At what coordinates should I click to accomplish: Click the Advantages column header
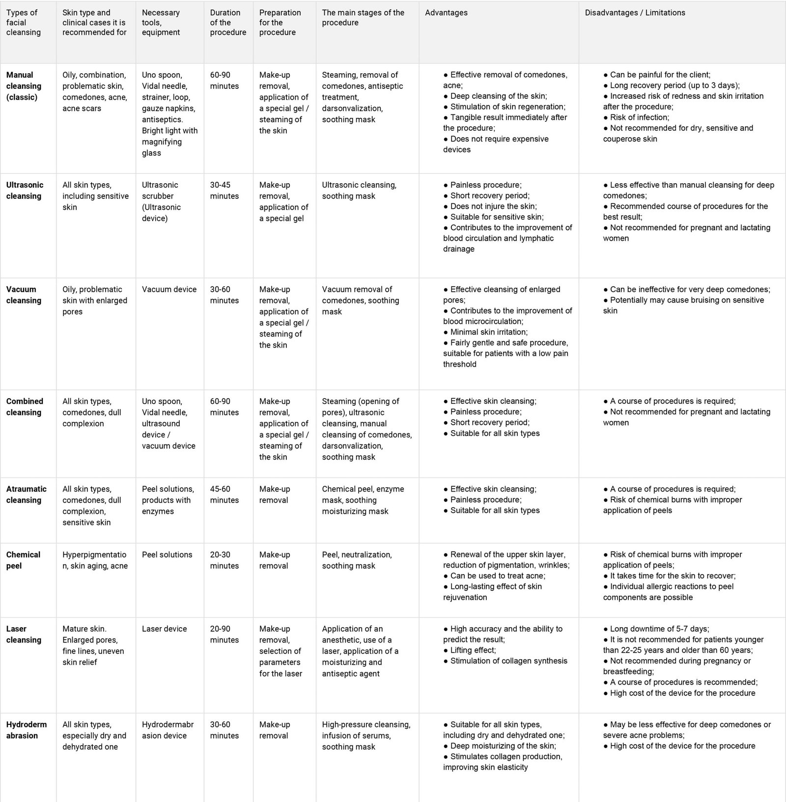[x=446, y=13]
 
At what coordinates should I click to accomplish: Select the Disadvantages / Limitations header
[x=635, y=13]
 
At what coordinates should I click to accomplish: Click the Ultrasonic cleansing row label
[x=25, y=191]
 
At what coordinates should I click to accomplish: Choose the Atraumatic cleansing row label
[x=26, y=495]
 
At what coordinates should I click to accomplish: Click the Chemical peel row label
[x=23, y=560]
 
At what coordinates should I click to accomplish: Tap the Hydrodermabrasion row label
[x=26, y=730]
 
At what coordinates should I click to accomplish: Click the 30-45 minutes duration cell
[x=225, y=191]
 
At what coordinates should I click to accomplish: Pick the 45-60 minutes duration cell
[x=225, y=495]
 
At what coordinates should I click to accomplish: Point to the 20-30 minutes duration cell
[x=225, y=560]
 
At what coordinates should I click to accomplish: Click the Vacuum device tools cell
[x=169, y=289]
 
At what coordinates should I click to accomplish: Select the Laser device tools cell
[x=164, y=629]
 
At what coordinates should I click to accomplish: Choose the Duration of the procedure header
[x=228, y=23]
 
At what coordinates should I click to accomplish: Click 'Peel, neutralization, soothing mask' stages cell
[x=357, y=560]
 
